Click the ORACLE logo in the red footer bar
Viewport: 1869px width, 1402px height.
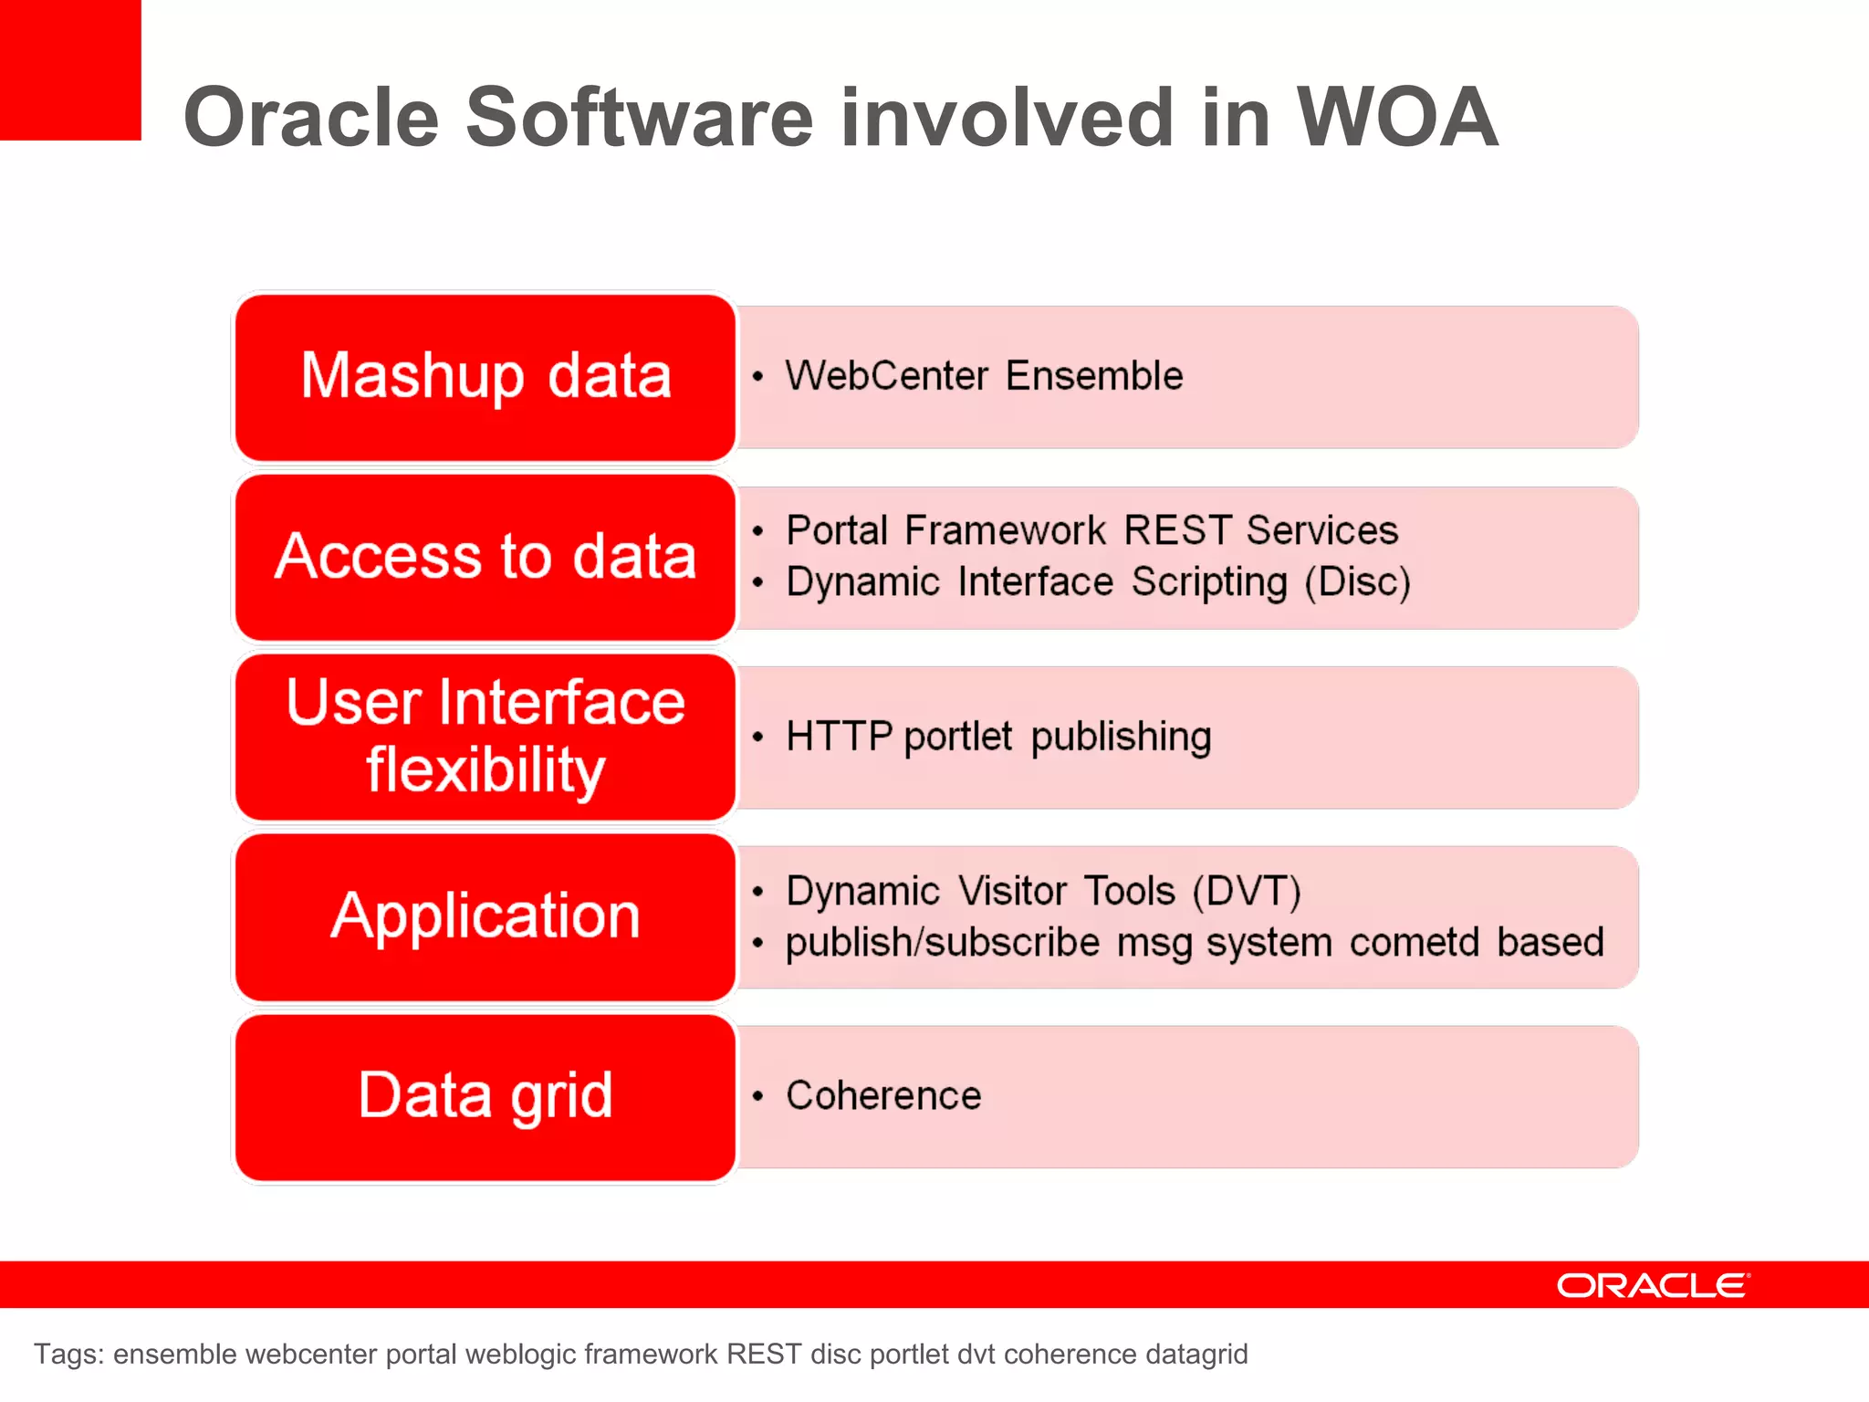[x=1653, y=1285]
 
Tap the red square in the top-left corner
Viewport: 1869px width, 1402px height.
[x=69, y=69]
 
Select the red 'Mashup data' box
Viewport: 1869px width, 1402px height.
[x=485, y=376]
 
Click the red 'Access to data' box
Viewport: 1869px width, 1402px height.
[x=485, y=557]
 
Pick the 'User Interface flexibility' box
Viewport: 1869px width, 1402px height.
[x=485, y=736]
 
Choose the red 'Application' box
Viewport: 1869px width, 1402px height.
[x=485, y=916]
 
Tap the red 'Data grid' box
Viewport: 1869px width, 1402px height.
[x=485, y=1096]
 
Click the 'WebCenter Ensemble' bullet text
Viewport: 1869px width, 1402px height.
[x=984, y=376]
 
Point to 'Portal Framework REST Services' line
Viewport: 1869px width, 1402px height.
[x=1091, y=530]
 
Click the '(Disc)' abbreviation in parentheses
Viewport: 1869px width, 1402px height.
[x=1357, y=582]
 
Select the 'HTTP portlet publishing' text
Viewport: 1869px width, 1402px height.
[x=998, y=737]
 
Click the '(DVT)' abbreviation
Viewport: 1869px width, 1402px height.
[x=1247, y=891]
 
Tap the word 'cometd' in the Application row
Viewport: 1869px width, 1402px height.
[x=1414, y=942]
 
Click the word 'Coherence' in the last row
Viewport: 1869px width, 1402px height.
[x=883, y=1095]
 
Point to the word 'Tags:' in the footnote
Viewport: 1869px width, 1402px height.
[x=68, y=1354]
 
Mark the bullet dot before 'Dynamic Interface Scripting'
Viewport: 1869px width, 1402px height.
[x=757, y=582]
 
